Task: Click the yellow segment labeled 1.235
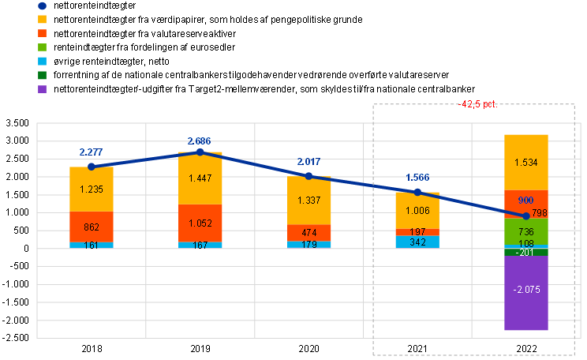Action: pos(92,189)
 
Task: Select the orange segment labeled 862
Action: pos(92,227)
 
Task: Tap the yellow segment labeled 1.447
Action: pos(200,178)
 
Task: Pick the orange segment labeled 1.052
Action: pos(200,223)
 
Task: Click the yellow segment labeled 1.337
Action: pos(308,201)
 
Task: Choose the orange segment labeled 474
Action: pos(308,233)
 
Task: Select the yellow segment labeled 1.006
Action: pos(417,211)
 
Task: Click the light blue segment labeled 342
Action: pos(417,242)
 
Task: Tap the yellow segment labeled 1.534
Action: pos(526,163)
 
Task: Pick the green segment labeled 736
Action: pos(526,231)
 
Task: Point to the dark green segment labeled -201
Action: pos(526,253)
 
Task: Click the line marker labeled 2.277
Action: pos(92,167)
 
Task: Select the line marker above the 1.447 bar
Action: pos(200,152)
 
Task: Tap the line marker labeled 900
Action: pos(526,216)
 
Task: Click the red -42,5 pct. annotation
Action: pos(477,104)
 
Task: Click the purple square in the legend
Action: pos(42,89)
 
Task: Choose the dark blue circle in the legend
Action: pos(42,6)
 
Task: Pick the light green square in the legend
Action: pos(42,47)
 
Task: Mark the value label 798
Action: pos(539,213)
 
